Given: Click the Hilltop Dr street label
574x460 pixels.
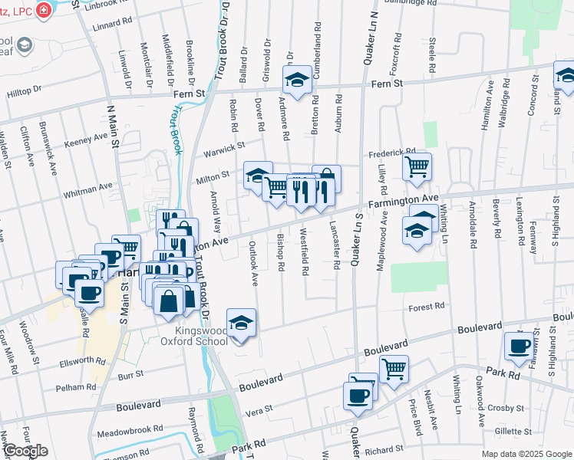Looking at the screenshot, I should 24,90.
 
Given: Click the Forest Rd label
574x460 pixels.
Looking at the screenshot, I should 427,306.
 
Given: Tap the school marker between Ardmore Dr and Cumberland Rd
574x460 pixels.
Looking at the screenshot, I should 296,79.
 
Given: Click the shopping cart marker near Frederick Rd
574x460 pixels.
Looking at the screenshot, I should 417,165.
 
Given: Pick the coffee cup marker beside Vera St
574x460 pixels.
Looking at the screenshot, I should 357,395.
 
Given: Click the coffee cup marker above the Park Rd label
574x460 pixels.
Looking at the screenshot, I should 519,345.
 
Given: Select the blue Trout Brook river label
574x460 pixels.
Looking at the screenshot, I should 176,130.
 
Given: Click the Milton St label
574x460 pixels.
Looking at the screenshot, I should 213,178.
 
